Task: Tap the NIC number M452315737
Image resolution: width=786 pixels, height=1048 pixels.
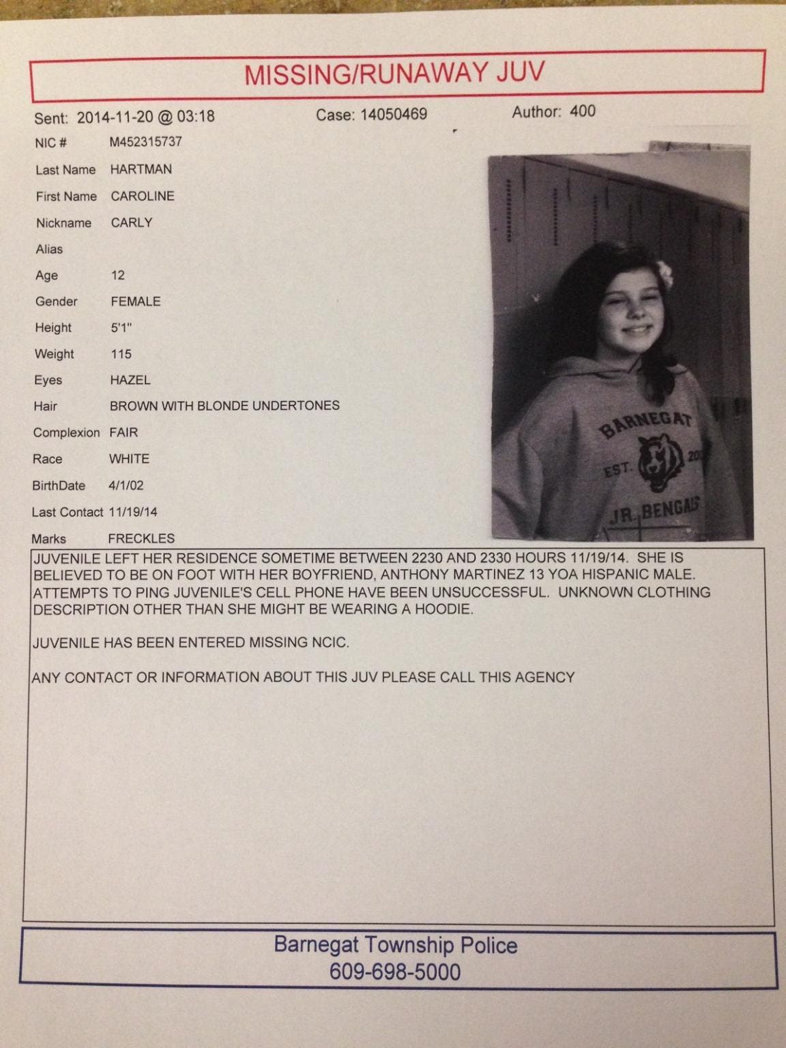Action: tap(146, 142)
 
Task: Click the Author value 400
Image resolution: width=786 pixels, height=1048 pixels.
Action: tap(582, 111)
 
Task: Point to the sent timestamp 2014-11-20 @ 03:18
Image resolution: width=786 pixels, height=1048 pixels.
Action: tap(145, 117)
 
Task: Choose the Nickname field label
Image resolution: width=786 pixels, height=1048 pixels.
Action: tap(63, 223)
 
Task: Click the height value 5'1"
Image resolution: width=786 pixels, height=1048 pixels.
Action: tap(121, 327)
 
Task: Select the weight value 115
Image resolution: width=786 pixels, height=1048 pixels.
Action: tap(121, 354)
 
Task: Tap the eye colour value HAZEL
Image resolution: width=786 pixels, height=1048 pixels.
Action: tap(130, 380)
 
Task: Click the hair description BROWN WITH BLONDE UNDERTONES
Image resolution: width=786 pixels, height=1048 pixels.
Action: tap(224, 406)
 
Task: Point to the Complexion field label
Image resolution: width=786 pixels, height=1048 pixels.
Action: tap(66, 433)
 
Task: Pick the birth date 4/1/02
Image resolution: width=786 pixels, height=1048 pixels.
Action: tap(126, 486)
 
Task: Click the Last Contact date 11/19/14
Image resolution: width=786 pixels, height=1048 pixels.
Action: tap(132, 512)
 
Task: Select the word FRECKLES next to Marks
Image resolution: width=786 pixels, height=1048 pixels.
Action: tap(141, 538)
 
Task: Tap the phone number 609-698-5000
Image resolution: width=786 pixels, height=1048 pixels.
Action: tap(395, 972)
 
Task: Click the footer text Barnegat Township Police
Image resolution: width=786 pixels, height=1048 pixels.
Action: tap(395, 945)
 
